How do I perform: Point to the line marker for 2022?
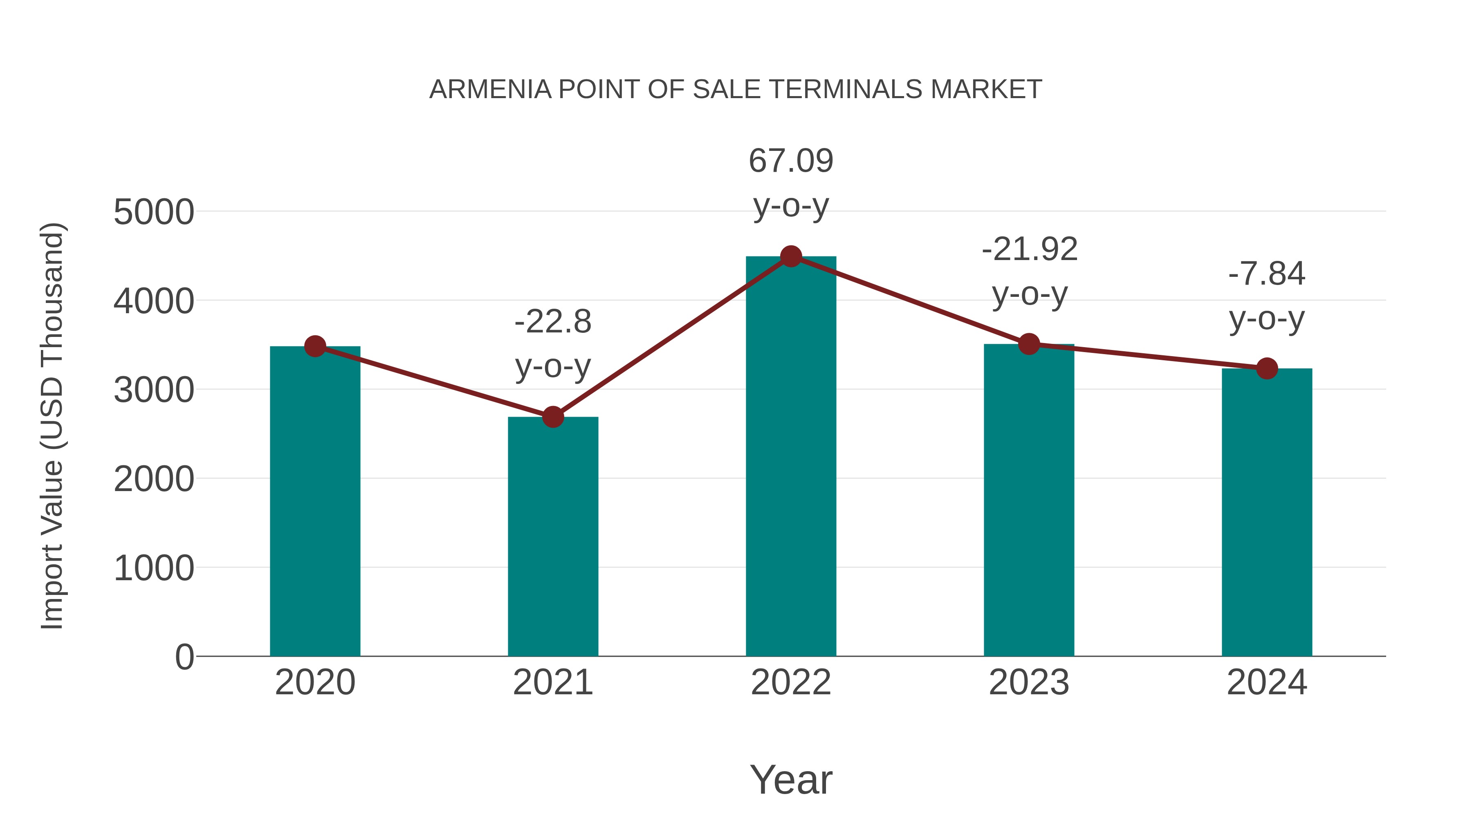[791, 256]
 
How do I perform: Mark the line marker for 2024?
[1267, 368]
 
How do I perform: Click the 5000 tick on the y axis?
[154, 213]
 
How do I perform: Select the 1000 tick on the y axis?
[154, 569]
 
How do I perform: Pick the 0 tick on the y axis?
[184, 657]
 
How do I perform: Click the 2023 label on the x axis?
[1029, 682]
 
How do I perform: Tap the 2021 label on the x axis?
[552, 682]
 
